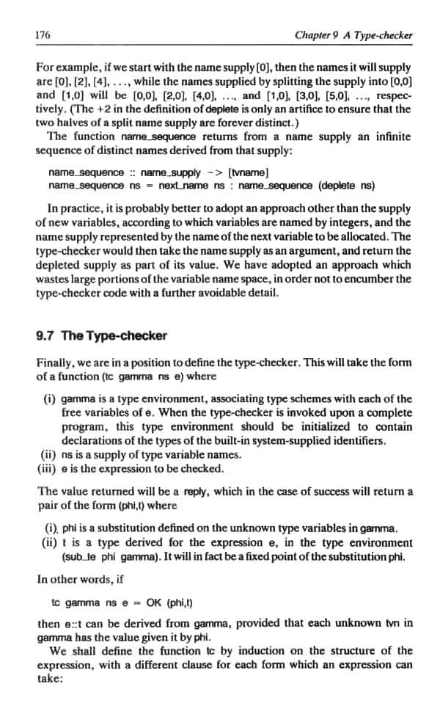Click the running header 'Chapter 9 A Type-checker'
pos(353,34)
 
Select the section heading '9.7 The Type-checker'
pos(101,336)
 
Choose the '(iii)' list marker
pos(48,468)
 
